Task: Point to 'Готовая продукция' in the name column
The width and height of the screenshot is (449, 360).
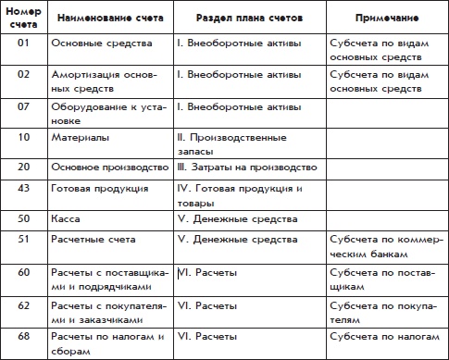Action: (98, 188)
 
